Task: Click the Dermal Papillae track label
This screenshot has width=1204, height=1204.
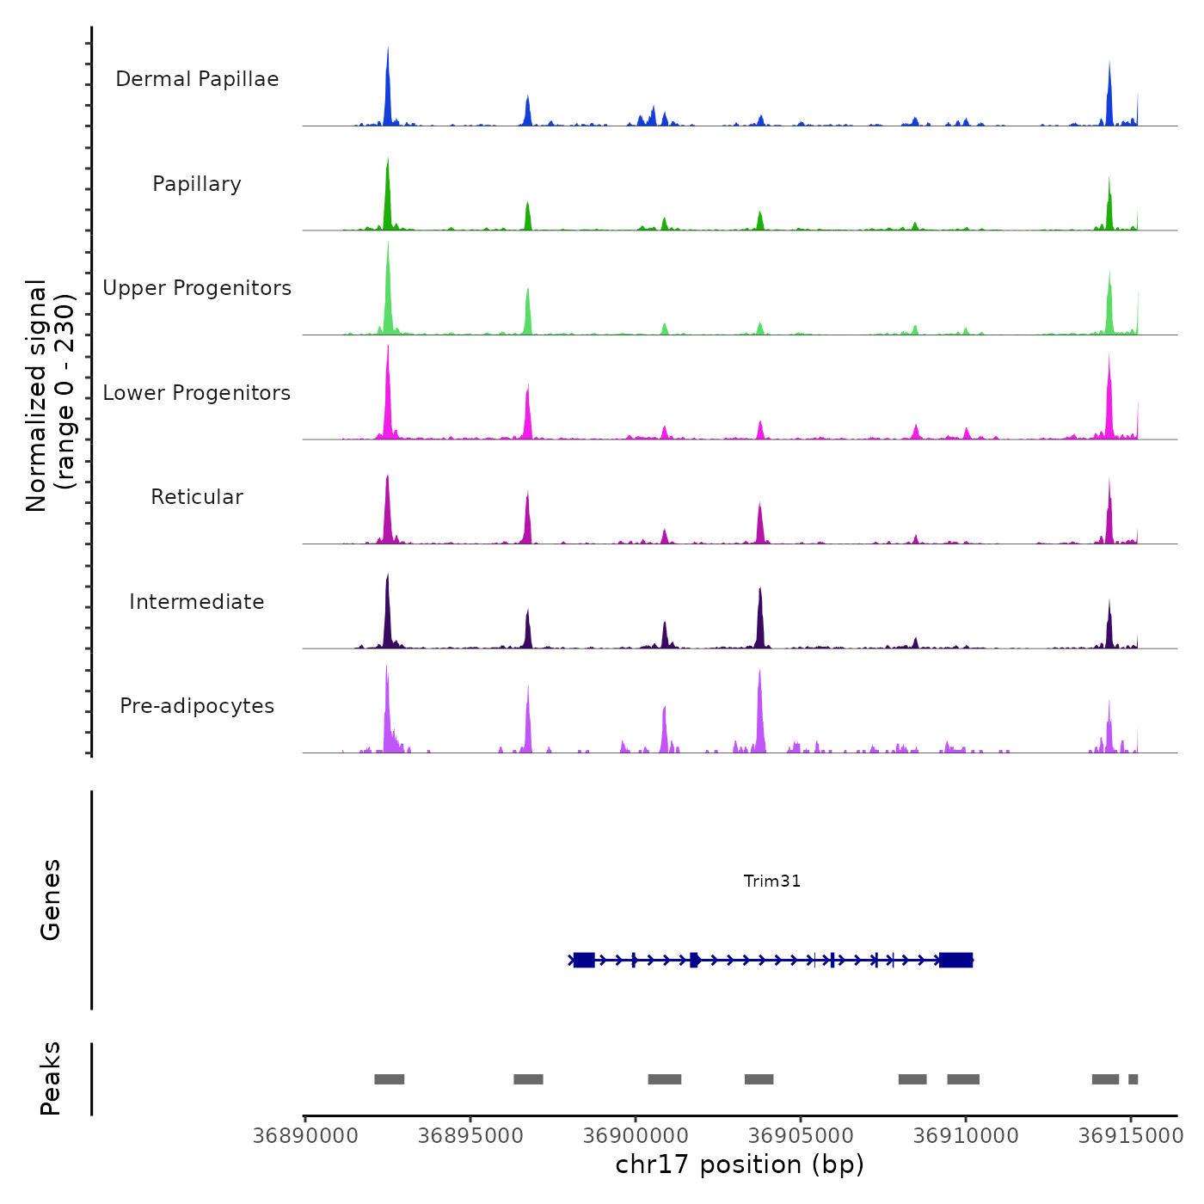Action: coord(197,79)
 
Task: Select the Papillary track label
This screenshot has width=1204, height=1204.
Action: coord(197,184)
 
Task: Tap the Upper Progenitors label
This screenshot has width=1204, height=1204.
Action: coord(197,288)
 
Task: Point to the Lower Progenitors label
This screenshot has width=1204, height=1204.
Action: coord(197,393)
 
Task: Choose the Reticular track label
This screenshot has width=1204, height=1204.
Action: coord(197,497)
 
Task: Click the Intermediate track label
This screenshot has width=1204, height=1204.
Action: coord(197,602)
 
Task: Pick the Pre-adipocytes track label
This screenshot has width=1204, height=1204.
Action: coord(197,706)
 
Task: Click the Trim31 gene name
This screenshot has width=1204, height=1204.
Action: coord(772,881)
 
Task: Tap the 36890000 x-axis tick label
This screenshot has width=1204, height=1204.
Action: coord(305,1135)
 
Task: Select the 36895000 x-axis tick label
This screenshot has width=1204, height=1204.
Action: coord(470,1135)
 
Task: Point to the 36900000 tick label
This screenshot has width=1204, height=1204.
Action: coord(636,1135)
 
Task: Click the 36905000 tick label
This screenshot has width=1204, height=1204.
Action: coord(801,1135)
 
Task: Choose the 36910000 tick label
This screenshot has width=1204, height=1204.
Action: coord(966,1135)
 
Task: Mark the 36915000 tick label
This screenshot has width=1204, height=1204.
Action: coord(1131,1135)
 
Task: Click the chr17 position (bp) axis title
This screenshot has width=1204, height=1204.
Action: coord(740,1164)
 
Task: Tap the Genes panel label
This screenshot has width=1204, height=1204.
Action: coord(51,900)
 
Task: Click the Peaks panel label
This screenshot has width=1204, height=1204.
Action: coord(51,1078)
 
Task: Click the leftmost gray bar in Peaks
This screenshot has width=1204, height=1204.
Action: coord(389,1079)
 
